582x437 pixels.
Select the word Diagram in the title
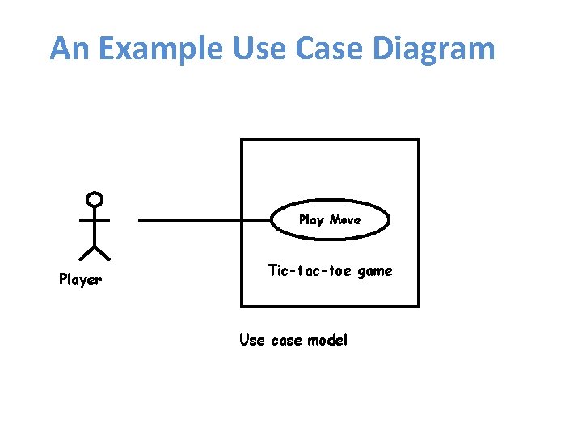point(433,49)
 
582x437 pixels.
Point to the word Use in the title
point(256,49)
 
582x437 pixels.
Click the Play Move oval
point(329,220)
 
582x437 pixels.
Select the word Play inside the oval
point(311,220)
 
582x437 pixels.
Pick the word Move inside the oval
point(345,219)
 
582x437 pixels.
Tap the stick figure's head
point(95,198)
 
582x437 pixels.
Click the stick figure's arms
point(95,219)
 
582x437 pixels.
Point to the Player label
point(81,280)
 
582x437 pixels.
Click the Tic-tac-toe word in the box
point(310,270)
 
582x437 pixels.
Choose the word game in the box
point(374,271)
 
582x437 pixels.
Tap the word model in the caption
point(327,340)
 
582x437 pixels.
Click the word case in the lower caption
point(286,340)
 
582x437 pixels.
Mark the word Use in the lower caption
point(251,340)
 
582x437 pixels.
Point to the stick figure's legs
point(95,252)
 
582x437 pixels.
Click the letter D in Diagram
point(384,49)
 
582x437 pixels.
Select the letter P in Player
point(63,280)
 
